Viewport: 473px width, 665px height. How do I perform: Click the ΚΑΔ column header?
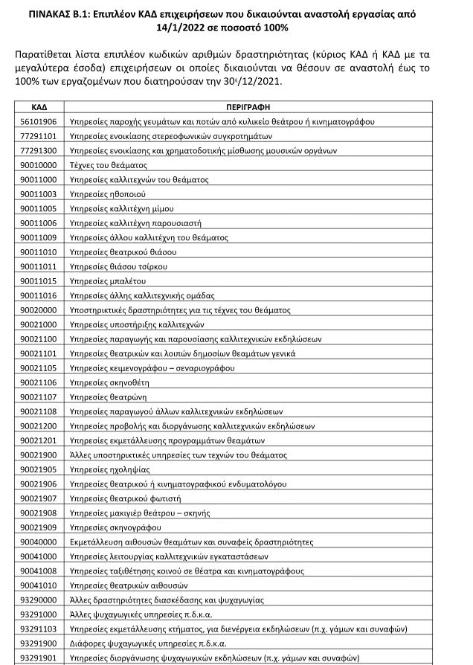click(x=39, y=107)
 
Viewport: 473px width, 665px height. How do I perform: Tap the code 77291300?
click(x=39, y=151)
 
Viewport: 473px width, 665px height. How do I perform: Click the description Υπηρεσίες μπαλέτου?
click(x=103, y=280)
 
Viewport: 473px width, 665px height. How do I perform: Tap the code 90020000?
click(x=39, y=309)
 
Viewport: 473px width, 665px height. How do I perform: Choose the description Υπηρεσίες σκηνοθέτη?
click(x=106, y=382)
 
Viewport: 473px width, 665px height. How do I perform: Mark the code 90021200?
click(x=39, y=426)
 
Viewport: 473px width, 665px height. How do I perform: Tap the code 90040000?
click(x=39, y=542)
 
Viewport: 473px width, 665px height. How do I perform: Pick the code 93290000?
click(x=39, y=600)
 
